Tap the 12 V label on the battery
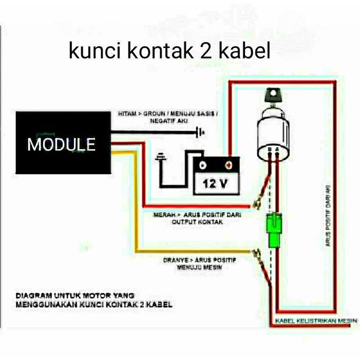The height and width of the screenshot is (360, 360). click(x=215, y=184)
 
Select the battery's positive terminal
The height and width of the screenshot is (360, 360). click(x=229, y=164)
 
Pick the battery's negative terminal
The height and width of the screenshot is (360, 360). click(x=203, y=164)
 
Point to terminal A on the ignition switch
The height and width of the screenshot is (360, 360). click(x=277, y=149)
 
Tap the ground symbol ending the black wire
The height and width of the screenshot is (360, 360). click(x=200, y=132)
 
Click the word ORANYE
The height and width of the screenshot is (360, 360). click(x=175, y=259)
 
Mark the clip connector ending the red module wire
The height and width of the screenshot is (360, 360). click(x=257, y=203)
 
